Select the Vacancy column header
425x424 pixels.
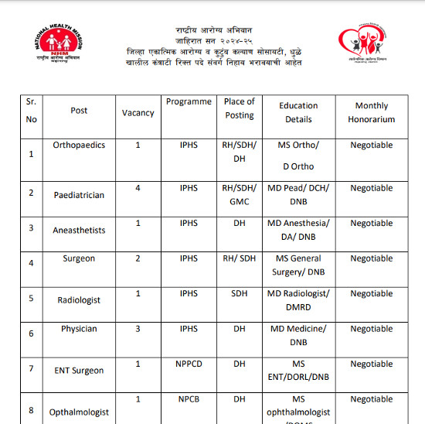point(138,112)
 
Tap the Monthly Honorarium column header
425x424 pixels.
point(372,112)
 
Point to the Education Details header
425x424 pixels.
point(298,112)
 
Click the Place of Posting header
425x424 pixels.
point(239,108)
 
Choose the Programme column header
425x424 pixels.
point(189,101)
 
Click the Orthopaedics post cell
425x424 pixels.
point(79,145)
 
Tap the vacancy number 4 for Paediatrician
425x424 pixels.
point(138,188)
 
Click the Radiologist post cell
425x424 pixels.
point(79,299)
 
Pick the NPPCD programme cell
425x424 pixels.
point(189,364)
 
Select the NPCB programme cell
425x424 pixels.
point(189,399)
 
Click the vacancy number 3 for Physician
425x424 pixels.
point(138,329)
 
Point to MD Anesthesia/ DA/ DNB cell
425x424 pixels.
point(298,230)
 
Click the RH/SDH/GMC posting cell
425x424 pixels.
point(239,194)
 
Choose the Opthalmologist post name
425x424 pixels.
point(79,412)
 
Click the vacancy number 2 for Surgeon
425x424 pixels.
point(138,258)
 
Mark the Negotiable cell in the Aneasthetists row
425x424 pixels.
point(372,224)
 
